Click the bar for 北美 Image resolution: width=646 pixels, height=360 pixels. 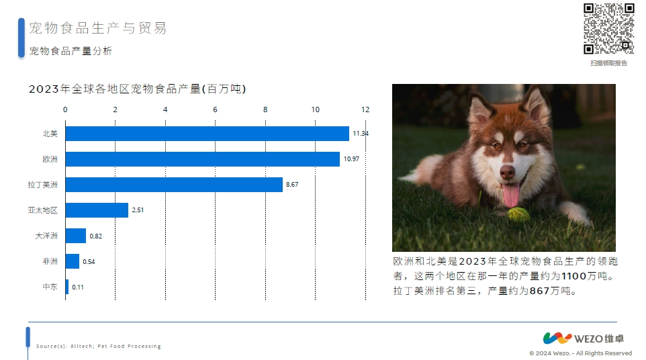(207, 134)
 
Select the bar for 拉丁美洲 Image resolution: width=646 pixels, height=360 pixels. (174, 185)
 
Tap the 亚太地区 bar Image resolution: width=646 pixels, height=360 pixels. (97, 210)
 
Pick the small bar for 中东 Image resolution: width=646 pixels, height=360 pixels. (67, 287)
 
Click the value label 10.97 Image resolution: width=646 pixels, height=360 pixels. (351, 159)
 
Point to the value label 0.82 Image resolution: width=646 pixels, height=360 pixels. (95, 236)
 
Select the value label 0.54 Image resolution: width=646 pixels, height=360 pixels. (89, 261)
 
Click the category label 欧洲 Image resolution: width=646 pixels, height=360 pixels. (50, 159)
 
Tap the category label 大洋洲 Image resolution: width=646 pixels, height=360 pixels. (46, 236)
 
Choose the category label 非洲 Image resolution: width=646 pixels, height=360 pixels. (50, 261)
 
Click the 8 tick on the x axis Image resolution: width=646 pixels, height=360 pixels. (265, 109)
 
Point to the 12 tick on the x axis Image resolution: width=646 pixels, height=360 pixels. (365, 109)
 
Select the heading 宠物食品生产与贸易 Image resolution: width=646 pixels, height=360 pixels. (97, 28)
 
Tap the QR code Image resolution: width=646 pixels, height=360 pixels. (609, 28)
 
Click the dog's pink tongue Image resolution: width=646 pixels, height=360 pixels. (511, 195)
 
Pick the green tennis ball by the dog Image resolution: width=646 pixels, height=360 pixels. (518, 215)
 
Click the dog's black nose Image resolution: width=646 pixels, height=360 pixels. (507, 172)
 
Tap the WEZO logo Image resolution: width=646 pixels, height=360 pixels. (584, 338)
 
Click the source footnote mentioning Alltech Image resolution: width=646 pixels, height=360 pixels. (99, 346)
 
